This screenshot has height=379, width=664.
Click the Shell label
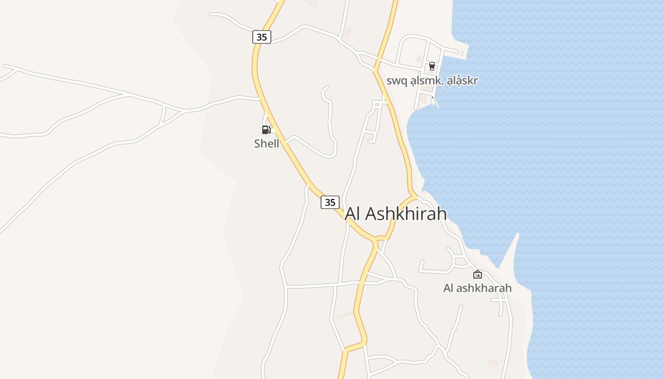click(x=267, y=144)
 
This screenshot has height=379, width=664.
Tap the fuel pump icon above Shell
click(x=266, y=129)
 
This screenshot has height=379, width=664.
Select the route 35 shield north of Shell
click(x=262, y=37)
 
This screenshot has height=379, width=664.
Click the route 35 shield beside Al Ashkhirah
click(x=330, y=202)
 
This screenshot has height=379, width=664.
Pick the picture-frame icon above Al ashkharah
click(x=478, y=274)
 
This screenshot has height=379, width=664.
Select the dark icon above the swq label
click(x=432, y=66)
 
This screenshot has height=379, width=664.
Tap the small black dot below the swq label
click(x=432, y=97)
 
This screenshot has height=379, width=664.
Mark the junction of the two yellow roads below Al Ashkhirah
click(x=376, y=240)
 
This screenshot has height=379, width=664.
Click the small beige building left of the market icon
click(x=418, y=58)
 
